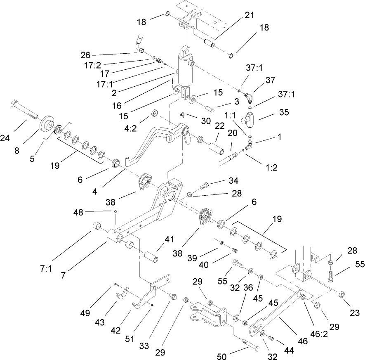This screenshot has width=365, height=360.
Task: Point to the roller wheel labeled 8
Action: (47, 123)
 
